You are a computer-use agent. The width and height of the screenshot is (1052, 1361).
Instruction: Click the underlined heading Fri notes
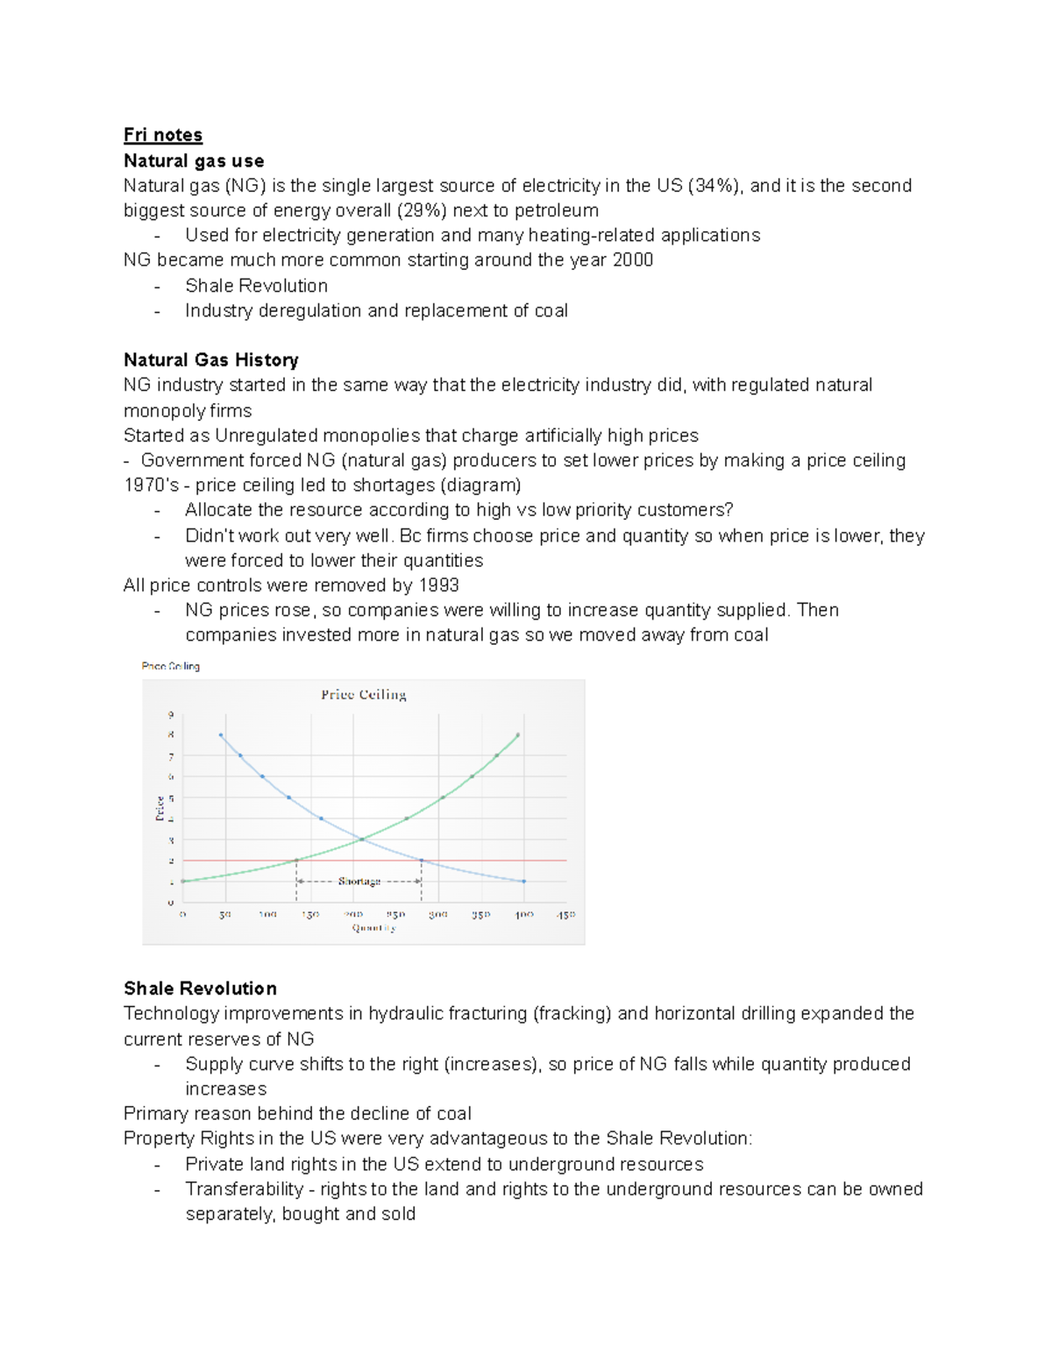coord(163,135)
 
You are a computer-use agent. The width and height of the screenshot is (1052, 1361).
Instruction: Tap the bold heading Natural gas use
coord(194,160)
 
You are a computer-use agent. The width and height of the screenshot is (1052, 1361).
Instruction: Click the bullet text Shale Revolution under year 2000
coord(256,286)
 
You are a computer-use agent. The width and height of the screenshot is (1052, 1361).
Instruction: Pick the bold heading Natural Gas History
coord(211,360)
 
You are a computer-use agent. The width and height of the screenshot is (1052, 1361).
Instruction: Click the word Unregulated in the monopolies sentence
coord(267,436)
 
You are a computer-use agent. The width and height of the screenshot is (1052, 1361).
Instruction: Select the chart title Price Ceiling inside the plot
coord(363,695)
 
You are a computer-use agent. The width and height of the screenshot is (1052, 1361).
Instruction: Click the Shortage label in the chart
coord(359,881)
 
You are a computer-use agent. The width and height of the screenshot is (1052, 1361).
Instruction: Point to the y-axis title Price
coord(160,807)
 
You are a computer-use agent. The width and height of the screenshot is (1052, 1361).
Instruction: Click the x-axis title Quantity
coord(374,928)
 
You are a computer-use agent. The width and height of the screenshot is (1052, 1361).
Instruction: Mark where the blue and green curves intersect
coord(361,840)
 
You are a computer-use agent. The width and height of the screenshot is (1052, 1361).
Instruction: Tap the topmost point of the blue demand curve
coord(220,735)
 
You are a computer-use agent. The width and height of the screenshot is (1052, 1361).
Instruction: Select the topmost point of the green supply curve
coord(518,735)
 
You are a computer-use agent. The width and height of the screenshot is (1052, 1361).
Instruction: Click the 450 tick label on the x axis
coord(565,914)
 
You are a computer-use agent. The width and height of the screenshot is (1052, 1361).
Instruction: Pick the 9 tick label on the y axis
coord(171,714)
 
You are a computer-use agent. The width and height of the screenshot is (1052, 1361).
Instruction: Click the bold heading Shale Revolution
coord(200,989)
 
